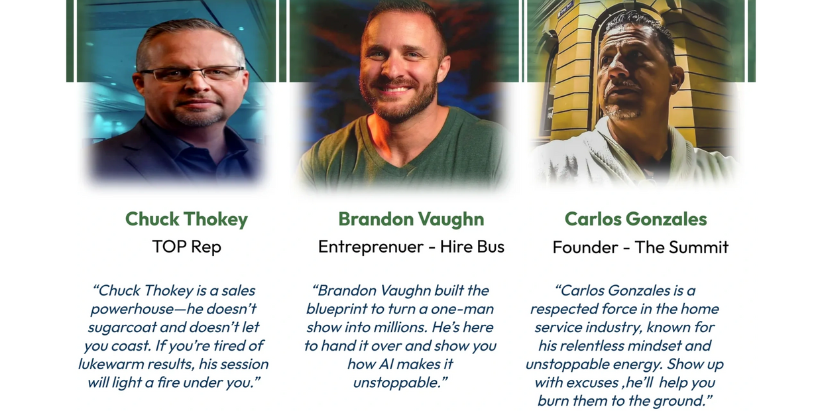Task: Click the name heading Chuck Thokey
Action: tap(186, 219)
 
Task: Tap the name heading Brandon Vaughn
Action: tap(411, 219)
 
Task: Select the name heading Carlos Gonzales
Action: tap(636, 219)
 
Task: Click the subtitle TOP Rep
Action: tap(187, 247)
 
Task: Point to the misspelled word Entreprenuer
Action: tap(371, 247)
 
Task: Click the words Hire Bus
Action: tap(472, 246)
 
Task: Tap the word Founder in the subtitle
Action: tap(585, 247)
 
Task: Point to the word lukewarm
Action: tap(111, 364)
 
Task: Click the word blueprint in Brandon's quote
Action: tap(337, 310)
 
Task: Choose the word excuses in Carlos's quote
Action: tap(591, 382)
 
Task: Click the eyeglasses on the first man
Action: tap(192, 74)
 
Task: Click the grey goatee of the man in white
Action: tap(622, 111)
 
